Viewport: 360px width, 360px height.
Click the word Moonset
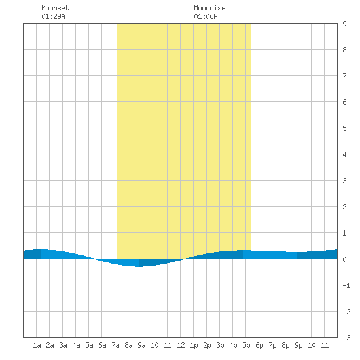55,8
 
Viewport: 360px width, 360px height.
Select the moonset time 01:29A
53,16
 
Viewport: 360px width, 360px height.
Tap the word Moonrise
209,8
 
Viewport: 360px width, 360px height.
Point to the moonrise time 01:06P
206,16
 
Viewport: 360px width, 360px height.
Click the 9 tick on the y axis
344,24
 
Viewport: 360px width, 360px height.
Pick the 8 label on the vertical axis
344,50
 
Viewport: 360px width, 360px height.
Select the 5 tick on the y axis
344,128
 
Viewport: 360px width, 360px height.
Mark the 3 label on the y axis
344,181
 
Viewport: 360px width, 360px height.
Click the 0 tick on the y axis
344,259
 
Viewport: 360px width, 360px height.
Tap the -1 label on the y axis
346,285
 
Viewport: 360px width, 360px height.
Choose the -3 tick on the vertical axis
346,338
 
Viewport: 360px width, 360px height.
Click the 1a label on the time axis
37,345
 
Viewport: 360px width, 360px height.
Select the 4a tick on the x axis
76,345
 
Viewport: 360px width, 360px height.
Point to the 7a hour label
115,345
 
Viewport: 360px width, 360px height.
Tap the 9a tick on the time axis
141,345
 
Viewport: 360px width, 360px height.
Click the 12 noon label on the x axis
181,345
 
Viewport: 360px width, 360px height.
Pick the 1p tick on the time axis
194,345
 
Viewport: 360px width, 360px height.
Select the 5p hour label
246,345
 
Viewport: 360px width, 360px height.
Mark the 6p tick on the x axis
259,345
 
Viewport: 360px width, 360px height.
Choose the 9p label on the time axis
298,345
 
